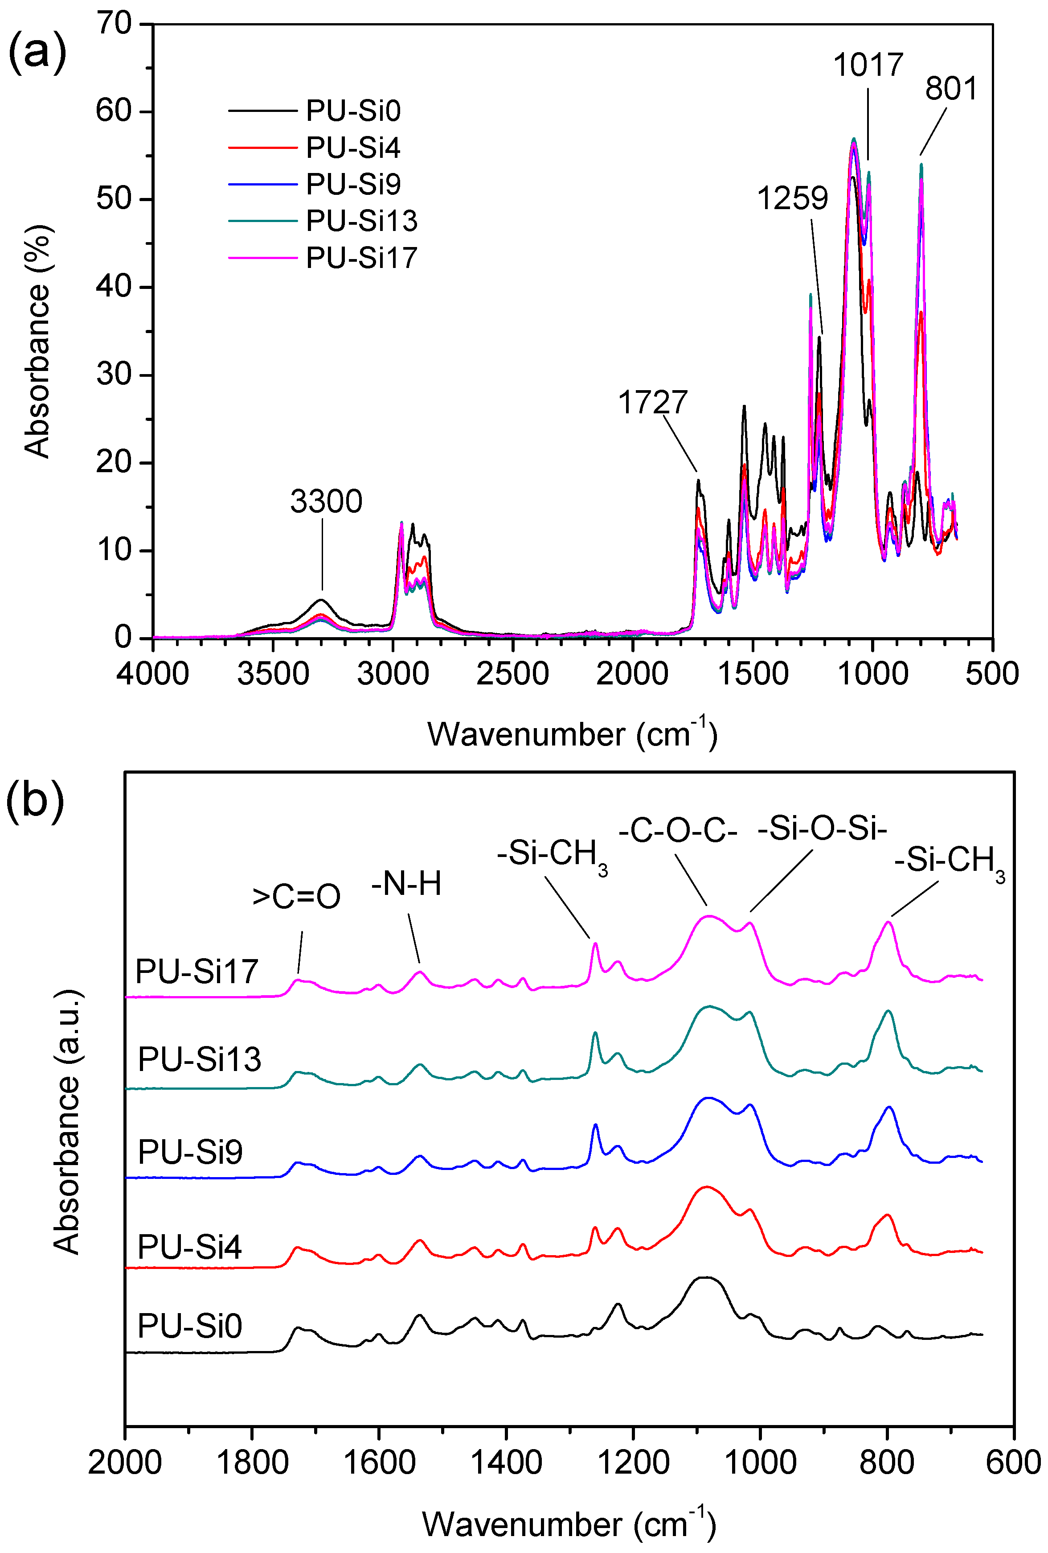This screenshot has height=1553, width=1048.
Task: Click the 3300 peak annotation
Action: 326,501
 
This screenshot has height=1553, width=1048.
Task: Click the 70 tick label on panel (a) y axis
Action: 114,24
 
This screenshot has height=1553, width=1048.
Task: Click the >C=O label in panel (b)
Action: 296,897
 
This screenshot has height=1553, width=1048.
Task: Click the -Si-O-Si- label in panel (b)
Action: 822,829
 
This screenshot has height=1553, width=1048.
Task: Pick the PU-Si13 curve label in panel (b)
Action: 199,1060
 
